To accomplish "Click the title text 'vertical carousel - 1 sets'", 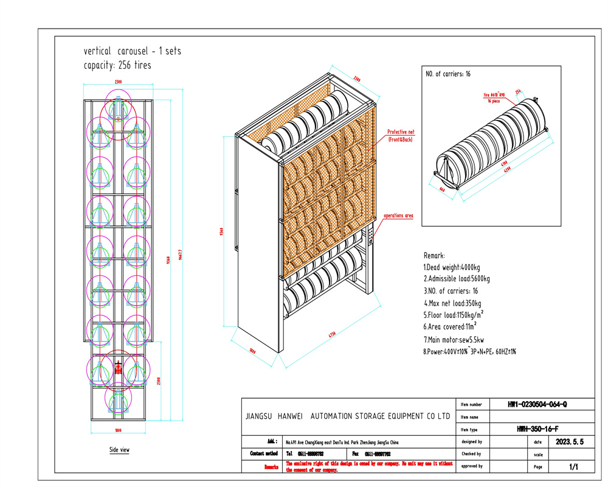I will pos(132,51).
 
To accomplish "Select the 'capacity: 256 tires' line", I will pos(117,65).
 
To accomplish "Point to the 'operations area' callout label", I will pos(398,215).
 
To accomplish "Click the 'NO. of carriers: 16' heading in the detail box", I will pos(448,74).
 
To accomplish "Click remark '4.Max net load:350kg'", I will pos(453,303).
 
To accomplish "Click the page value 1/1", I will pos(573,467).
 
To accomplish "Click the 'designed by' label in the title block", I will pos(472,442).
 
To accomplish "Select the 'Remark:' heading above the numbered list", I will pos(434,256).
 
